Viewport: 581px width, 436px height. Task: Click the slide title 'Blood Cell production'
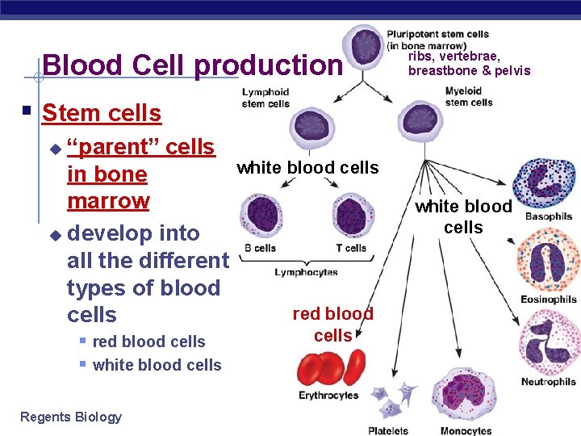[192, 65]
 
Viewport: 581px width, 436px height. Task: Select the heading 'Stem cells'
[102, 113]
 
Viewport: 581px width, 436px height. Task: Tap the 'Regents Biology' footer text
[71, 417]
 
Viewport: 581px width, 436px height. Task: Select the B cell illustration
[264, 216]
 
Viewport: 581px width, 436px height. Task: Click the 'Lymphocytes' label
[306, 273]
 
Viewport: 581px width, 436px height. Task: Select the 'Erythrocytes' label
[328, 396]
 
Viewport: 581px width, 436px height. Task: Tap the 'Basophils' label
[549, 217]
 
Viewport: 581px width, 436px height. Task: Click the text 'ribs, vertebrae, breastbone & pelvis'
[469, 64]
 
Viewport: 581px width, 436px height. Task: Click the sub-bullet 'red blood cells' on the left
[148, 342]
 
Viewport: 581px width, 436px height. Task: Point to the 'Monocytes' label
[466, 430]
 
